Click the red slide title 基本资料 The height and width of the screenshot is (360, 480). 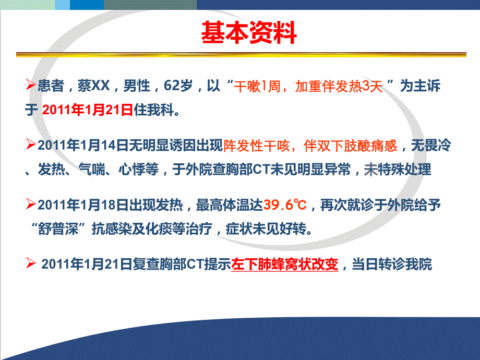pyautogui.click(x=249, y=33)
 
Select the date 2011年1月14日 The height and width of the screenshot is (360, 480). pyautogui.click(x=79, y=147)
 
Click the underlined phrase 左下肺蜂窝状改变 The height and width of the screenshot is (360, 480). pyautogui.click(x=285, y=265)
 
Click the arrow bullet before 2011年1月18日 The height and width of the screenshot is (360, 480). pyautogui.click(x=31, y=203)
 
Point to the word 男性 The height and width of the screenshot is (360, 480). pyautogui.click(x=135, y=86)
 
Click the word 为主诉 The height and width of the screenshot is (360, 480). pyautogui.click(x=421, y=86)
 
